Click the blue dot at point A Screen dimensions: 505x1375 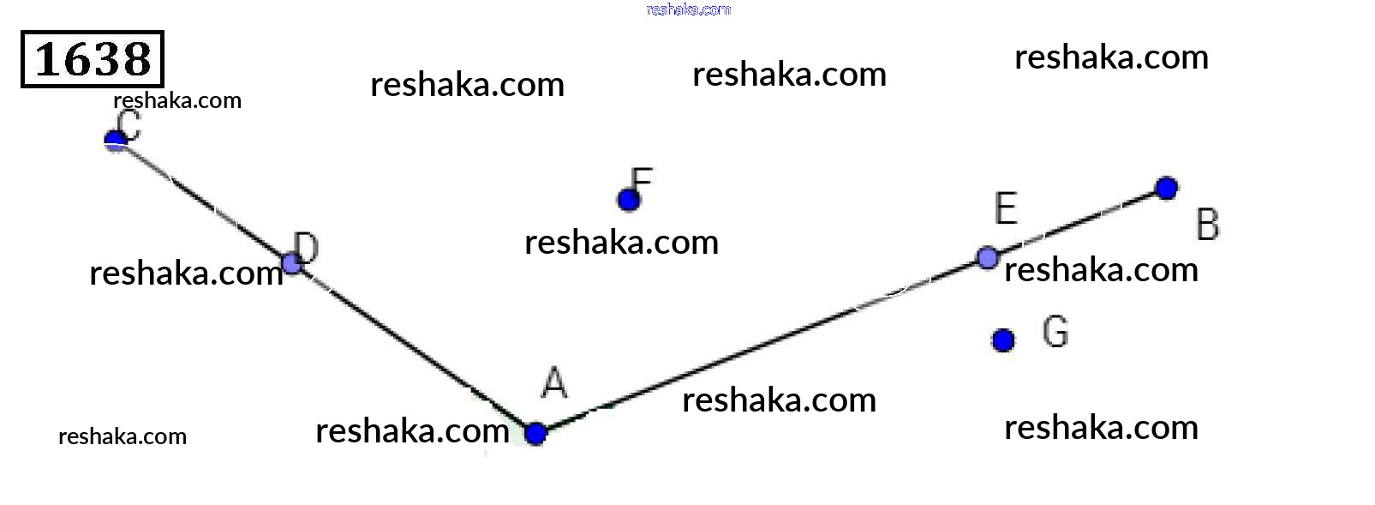click(x=535, y=434)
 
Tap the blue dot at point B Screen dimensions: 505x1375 click(x=1166, y=188)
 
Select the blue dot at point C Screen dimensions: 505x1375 click(x=116, y=140)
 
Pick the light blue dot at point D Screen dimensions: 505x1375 click(x=292, y=263)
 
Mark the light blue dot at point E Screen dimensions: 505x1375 click(x=987, y=257)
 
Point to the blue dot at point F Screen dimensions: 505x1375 click(x=629, y=200)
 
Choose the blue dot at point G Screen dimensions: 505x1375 click(x=1003, y=340)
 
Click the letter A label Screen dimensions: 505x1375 click(x=554, y=382)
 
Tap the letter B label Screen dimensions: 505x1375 click(x=1207, y=225)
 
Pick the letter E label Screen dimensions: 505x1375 click(x=1006, y=208)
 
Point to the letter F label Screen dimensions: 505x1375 click(x=642, y=180)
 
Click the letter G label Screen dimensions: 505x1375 click(x=1055, y=332)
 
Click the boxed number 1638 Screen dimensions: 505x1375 click(x=93, y=59)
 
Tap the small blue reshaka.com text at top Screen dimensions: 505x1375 click(x=688, y=9)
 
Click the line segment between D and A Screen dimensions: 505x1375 click(x=414, y=348)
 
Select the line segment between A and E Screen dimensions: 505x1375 click(x=761, y=346)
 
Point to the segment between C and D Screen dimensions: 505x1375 click(x=204, y=201)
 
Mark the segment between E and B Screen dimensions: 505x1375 click(x=1077, y=223)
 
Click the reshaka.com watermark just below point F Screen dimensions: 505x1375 click(x=621, y=243)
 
